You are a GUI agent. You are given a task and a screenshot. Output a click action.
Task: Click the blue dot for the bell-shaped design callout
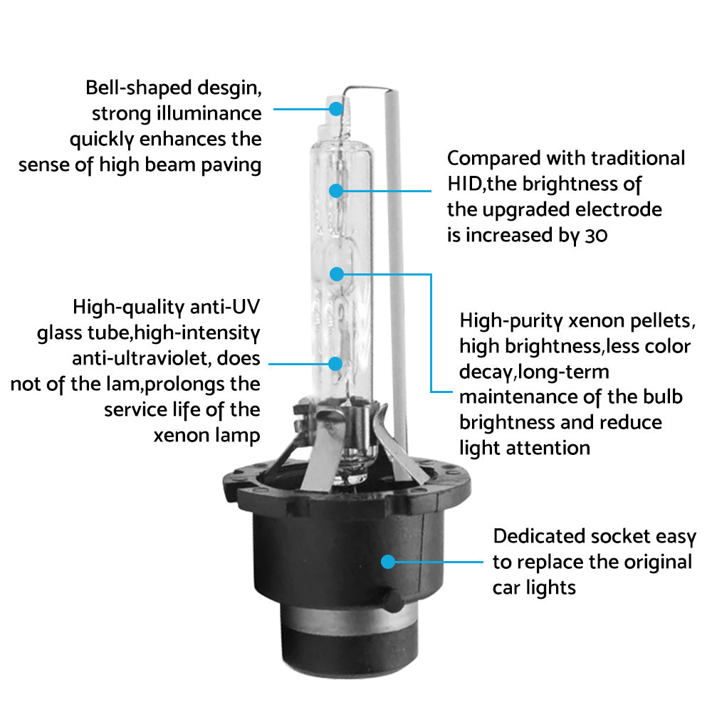click(x=335, y=108)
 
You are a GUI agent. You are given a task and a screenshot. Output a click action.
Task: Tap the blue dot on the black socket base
click(x=388, y=562)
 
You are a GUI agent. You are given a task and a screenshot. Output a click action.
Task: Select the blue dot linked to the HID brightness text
click(x=336, y=191)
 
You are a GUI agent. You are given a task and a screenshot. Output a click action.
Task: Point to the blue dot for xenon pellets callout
click(x=337, y=274)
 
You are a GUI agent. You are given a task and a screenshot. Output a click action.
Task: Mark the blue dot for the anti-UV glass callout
click(x=335, y=364)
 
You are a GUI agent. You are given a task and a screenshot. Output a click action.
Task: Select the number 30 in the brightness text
click(x=596, y=236)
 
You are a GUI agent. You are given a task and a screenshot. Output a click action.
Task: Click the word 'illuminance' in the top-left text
click(x=209, y=113)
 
